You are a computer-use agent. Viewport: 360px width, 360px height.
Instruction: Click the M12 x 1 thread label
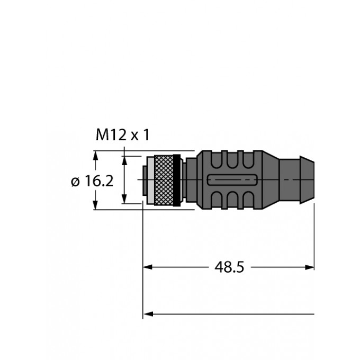point(122,136)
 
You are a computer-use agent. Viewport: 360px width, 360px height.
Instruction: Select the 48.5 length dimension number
point(229,267)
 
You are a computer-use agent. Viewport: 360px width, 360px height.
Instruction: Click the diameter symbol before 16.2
point(75,182)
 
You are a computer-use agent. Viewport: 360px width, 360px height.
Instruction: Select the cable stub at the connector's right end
point(297,180)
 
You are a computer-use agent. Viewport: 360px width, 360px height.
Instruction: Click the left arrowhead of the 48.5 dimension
point(148,267)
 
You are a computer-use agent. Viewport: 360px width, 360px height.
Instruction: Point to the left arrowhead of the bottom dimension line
point(148,314)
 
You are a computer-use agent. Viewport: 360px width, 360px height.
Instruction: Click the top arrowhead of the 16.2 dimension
point(96,155)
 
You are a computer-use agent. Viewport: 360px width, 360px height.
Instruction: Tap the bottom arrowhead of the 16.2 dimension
point(96,206)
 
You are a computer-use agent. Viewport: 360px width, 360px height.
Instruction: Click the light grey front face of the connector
point(147,181)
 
